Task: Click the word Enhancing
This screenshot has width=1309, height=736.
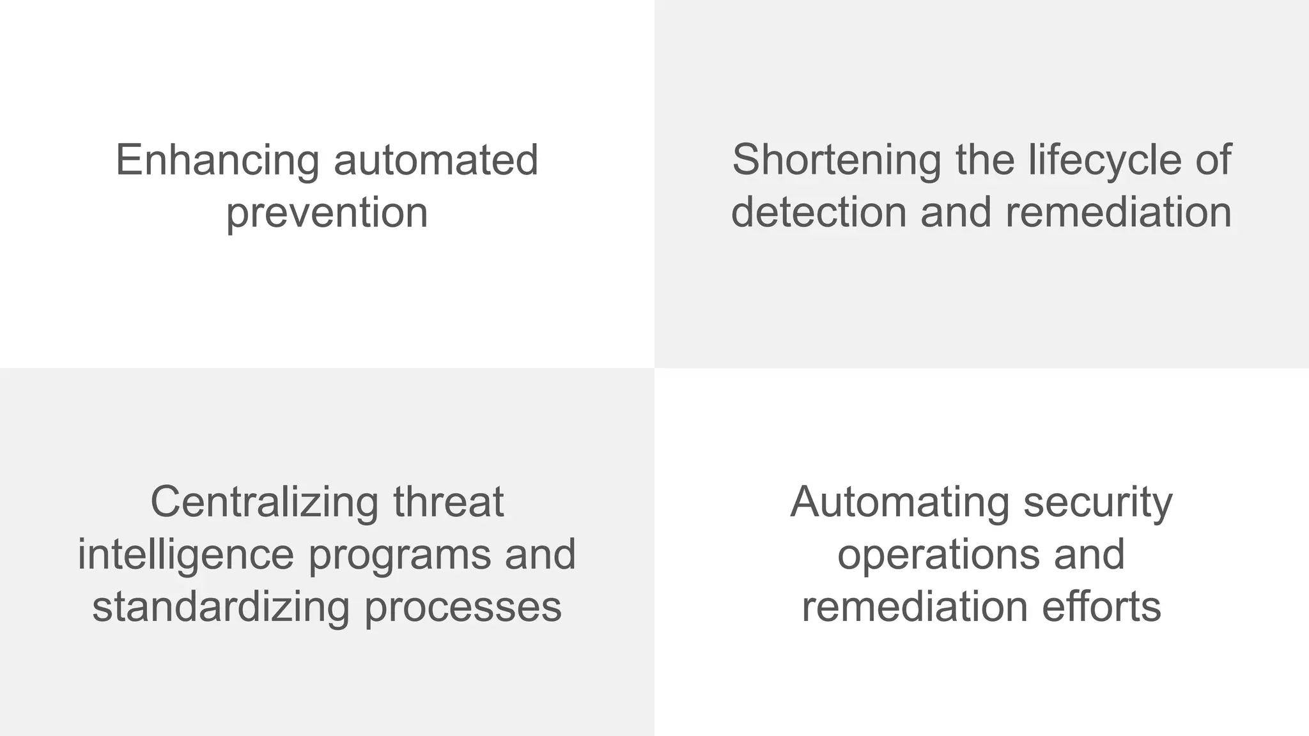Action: click(x=217, y=160)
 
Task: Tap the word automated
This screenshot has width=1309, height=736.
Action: click(x=436, y=160)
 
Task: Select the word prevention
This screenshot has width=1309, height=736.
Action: click(x=327, y=213)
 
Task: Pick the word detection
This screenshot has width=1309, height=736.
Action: click(x=819, y=213)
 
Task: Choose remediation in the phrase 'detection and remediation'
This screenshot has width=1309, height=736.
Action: click(x=1119, y=213)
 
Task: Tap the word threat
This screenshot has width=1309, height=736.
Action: click(x=449, y=503)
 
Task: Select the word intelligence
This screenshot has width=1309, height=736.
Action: click(x=186, y=555)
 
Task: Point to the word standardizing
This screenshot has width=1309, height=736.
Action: click(x=221, y=607)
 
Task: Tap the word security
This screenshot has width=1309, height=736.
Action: click(x=1098, y=503)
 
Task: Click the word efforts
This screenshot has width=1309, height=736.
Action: click(x=1102, y=607)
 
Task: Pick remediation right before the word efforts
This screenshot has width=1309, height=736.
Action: click(x=915, y=607)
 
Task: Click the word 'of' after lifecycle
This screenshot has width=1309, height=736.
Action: click(x=1214, y=160)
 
